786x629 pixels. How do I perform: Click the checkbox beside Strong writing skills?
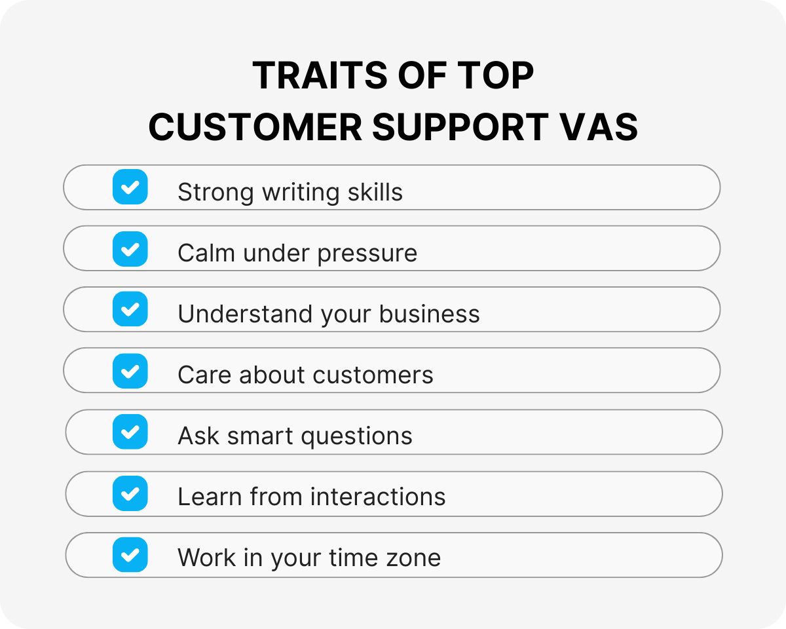click(x=130, y=187)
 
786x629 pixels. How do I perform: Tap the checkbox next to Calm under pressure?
click(x=130, y=249)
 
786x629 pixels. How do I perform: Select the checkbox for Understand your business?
click(x=130, y=309)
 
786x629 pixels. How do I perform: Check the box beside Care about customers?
click(x=130, y=371)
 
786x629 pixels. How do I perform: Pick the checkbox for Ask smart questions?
click(x=130, y=432)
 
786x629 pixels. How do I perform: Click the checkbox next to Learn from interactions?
click(x=130, y=493)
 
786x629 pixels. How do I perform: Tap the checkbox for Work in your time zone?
click(x=130, y=555)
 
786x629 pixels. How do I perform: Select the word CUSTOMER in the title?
click(x=255, y=127)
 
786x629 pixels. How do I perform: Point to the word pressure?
click(x=367, y=254)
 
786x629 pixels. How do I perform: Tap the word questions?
click(x=354, y=436)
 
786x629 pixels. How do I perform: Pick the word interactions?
click(x=378, y=497)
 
